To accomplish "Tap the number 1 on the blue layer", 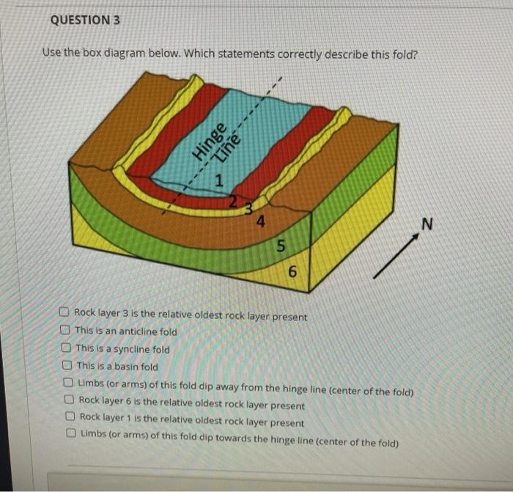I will pos(218,180).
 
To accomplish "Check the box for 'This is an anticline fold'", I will pos(67,331).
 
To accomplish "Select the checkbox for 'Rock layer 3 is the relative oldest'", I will pos(66,315).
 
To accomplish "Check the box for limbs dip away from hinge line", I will pos(69,382).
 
